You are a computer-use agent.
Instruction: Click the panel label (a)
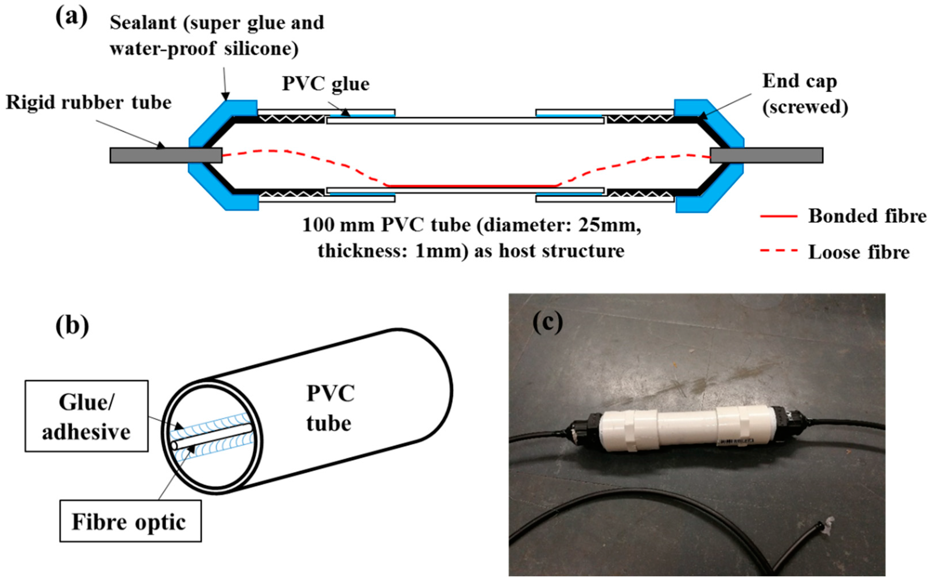tap(71, 17)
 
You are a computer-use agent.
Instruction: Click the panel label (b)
tap(72, 326)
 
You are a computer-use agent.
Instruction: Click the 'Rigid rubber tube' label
tap(88, 103)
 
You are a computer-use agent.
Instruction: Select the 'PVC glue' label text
tap(325, 84)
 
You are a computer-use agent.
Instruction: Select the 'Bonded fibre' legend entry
tap(866, 216)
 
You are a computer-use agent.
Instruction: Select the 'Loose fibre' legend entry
tap(858, 252)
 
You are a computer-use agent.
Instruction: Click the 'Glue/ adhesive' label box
tap(87, 417)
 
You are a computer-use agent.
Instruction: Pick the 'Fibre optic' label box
tap(130, 522)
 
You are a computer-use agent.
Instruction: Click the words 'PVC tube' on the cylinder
tap(330, 408)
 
